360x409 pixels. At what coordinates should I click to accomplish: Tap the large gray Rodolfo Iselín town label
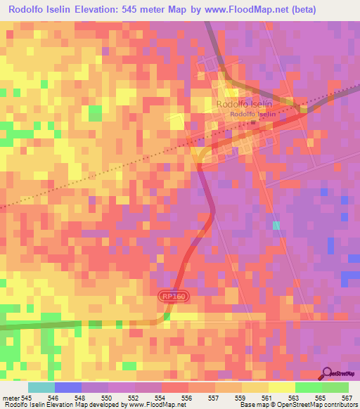245,104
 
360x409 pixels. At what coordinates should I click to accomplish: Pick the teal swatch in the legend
41,387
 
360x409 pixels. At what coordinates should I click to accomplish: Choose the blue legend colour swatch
68,387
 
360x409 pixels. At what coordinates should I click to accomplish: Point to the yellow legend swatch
281,387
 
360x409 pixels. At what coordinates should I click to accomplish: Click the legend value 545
27,398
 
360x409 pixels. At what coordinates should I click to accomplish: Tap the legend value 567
346,398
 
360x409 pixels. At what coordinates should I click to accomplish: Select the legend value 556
186,398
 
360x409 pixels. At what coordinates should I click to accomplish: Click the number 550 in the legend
106,398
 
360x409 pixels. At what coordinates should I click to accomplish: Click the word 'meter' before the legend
10,398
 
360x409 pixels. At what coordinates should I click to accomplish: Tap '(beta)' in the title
298,10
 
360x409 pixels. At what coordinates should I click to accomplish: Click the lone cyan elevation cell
276,226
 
